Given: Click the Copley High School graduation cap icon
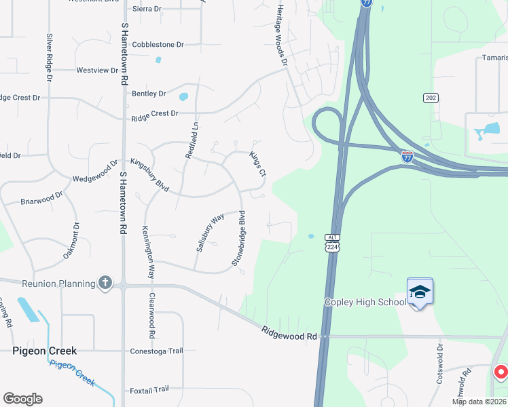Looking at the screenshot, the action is pos(420,292).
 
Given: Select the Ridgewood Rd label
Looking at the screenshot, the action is pos(289,332).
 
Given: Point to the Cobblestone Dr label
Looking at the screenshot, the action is pos(158,45).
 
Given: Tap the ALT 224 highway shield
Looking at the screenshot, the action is pos(331,243).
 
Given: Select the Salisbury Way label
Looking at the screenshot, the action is pos(210,233).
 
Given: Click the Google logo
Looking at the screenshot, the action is pos(22,399).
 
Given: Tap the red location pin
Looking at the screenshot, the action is pos(501,372).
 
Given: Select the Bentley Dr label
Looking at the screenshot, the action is pos(149,94).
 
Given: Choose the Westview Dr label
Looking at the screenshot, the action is pos(97,70).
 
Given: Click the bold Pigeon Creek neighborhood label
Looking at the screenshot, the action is pos(45,351).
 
